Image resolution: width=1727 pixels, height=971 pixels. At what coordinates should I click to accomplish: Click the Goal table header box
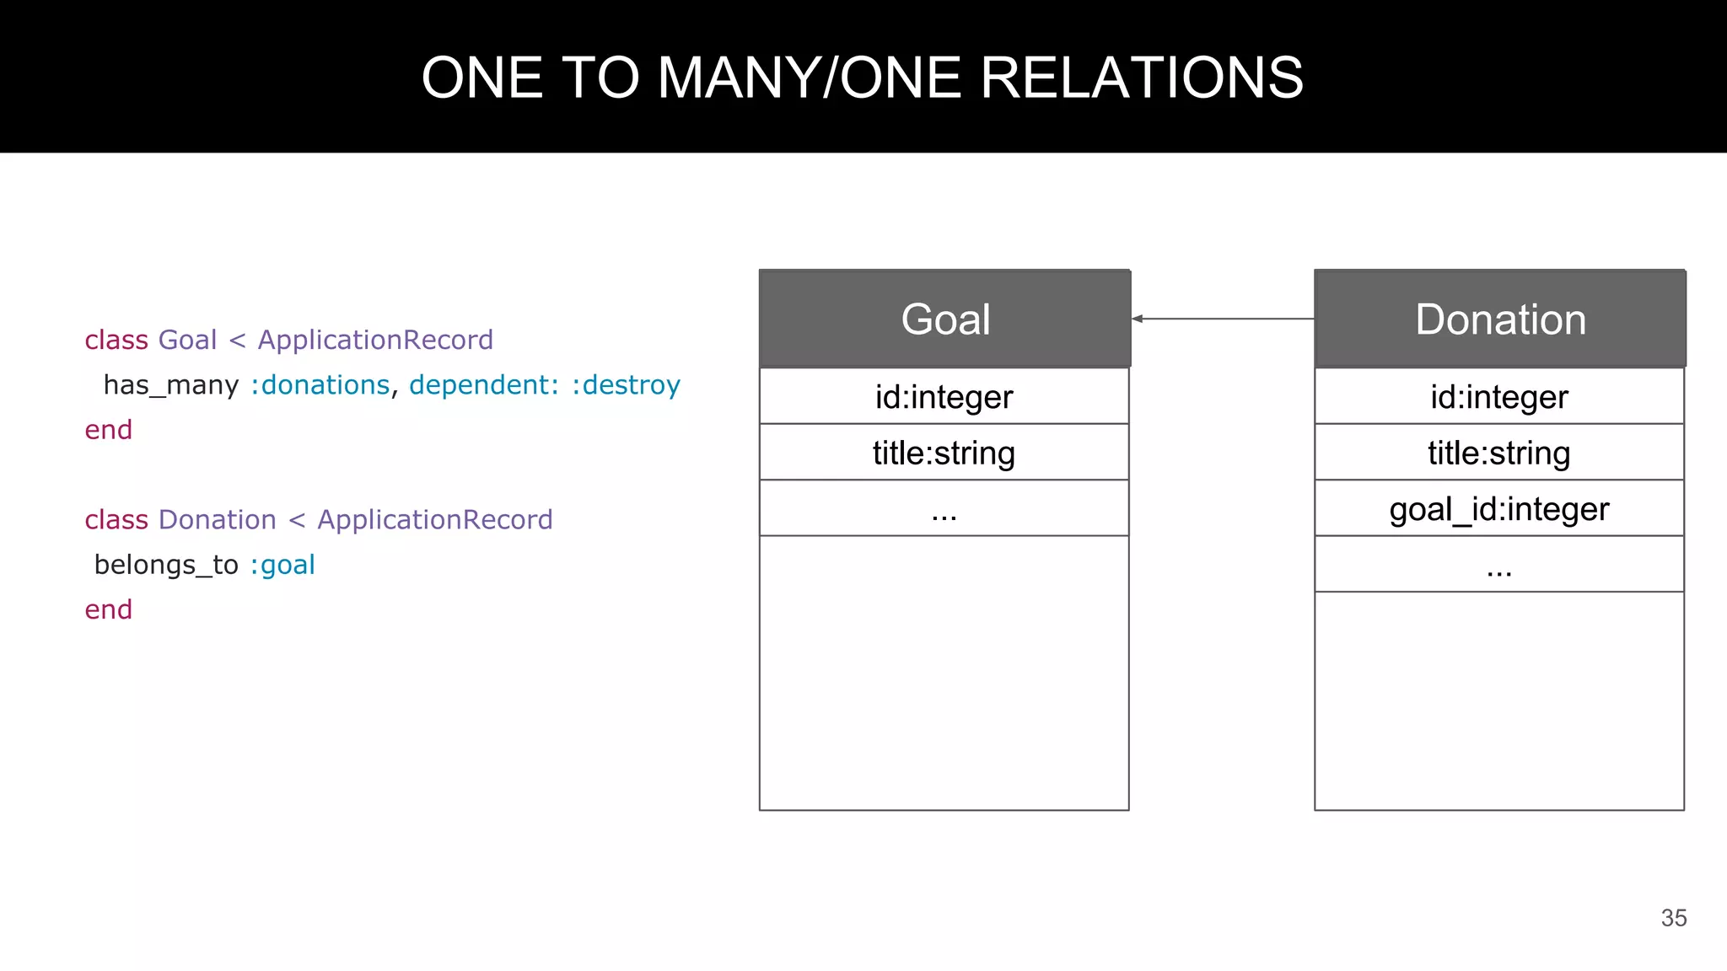point(944,319)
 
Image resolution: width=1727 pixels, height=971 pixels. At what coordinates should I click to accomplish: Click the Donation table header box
point(1499,319)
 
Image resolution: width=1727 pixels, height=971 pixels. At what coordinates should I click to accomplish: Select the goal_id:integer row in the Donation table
point(1499,509)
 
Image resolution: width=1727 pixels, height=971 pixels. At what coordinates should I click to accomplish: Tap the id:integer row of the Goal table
point(944,396)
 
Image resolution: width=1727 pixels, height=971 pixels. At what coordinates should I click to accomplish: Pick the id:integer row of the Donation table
point(1499,396)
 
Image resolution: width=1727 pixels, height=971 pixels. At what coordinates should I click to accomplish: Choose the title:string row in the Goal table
point(944,453)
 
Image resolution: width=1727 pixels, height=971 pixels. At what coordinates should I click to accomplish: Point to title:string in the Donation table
point(1499,453)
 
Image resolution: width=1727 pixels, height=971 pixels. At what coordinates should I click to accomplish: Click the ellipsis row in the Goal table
point(944,509)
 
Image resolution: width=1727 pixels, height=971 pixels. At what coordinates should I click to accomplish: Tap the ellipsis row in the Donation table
point(1499,565)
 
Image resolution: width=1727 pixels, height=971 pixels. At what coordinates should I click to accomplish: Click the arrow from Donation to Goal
point(1223,319)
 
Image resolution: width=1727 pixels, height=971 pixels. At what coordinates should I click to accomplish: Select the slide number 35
point(1674,918)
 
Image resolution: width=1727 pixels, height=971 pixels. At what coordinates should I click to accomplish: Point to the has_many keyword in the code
point(171,385)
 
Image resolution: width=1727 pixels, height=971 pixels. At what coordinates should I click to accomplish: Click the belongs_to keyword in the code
point(166,565)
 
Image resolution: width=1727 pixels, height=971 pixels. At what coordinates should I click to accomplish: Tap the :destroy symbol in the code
point(626,385)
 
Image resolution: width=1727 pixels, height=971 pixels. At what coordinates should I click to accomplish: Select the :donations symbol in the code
point(320,385)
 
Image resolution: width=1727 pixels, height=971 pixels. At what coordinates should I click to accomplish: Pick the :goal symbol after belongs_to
point(282,565)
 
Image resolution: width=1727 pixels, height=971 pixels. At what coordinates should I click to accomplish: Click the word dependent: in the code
point(484,385)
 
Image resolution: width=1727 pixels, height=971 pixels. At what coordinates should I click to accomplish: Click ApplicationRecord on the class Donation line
point(435,520)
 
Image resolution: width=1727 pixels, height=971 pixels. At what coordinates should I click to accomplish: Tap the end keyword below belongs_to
point(109,609)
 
